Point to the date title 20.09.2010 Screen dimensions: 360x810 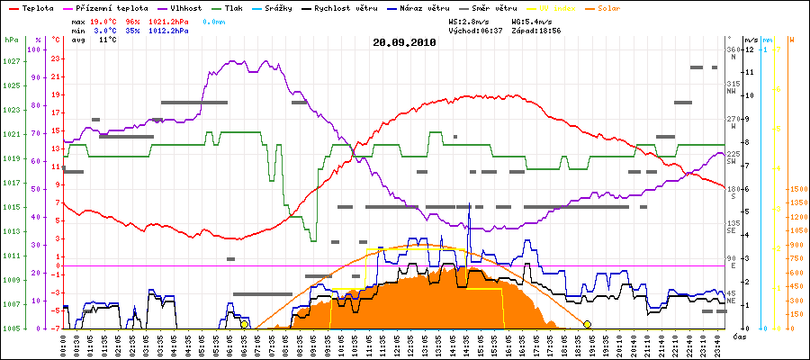(404, 41)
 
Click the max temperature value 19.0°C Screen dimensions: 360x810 (105, 19)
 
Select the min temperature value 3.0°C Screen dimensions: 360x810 (105, 30)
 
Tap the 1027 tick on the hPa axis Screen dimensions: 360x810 (11, 61)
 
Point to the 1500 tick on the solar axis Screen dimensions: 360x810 (796, 190)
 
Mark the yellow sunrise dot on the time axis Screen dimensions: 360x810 (244, 324)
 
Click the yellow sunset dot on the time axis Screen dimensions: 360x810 (587, 324)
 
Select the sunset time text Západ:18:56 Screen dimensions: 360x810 (535, 30)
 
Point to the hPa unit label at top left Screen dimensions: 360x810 (11, 40)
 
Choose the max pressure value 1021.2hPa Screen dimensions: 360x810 (168, 19)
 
